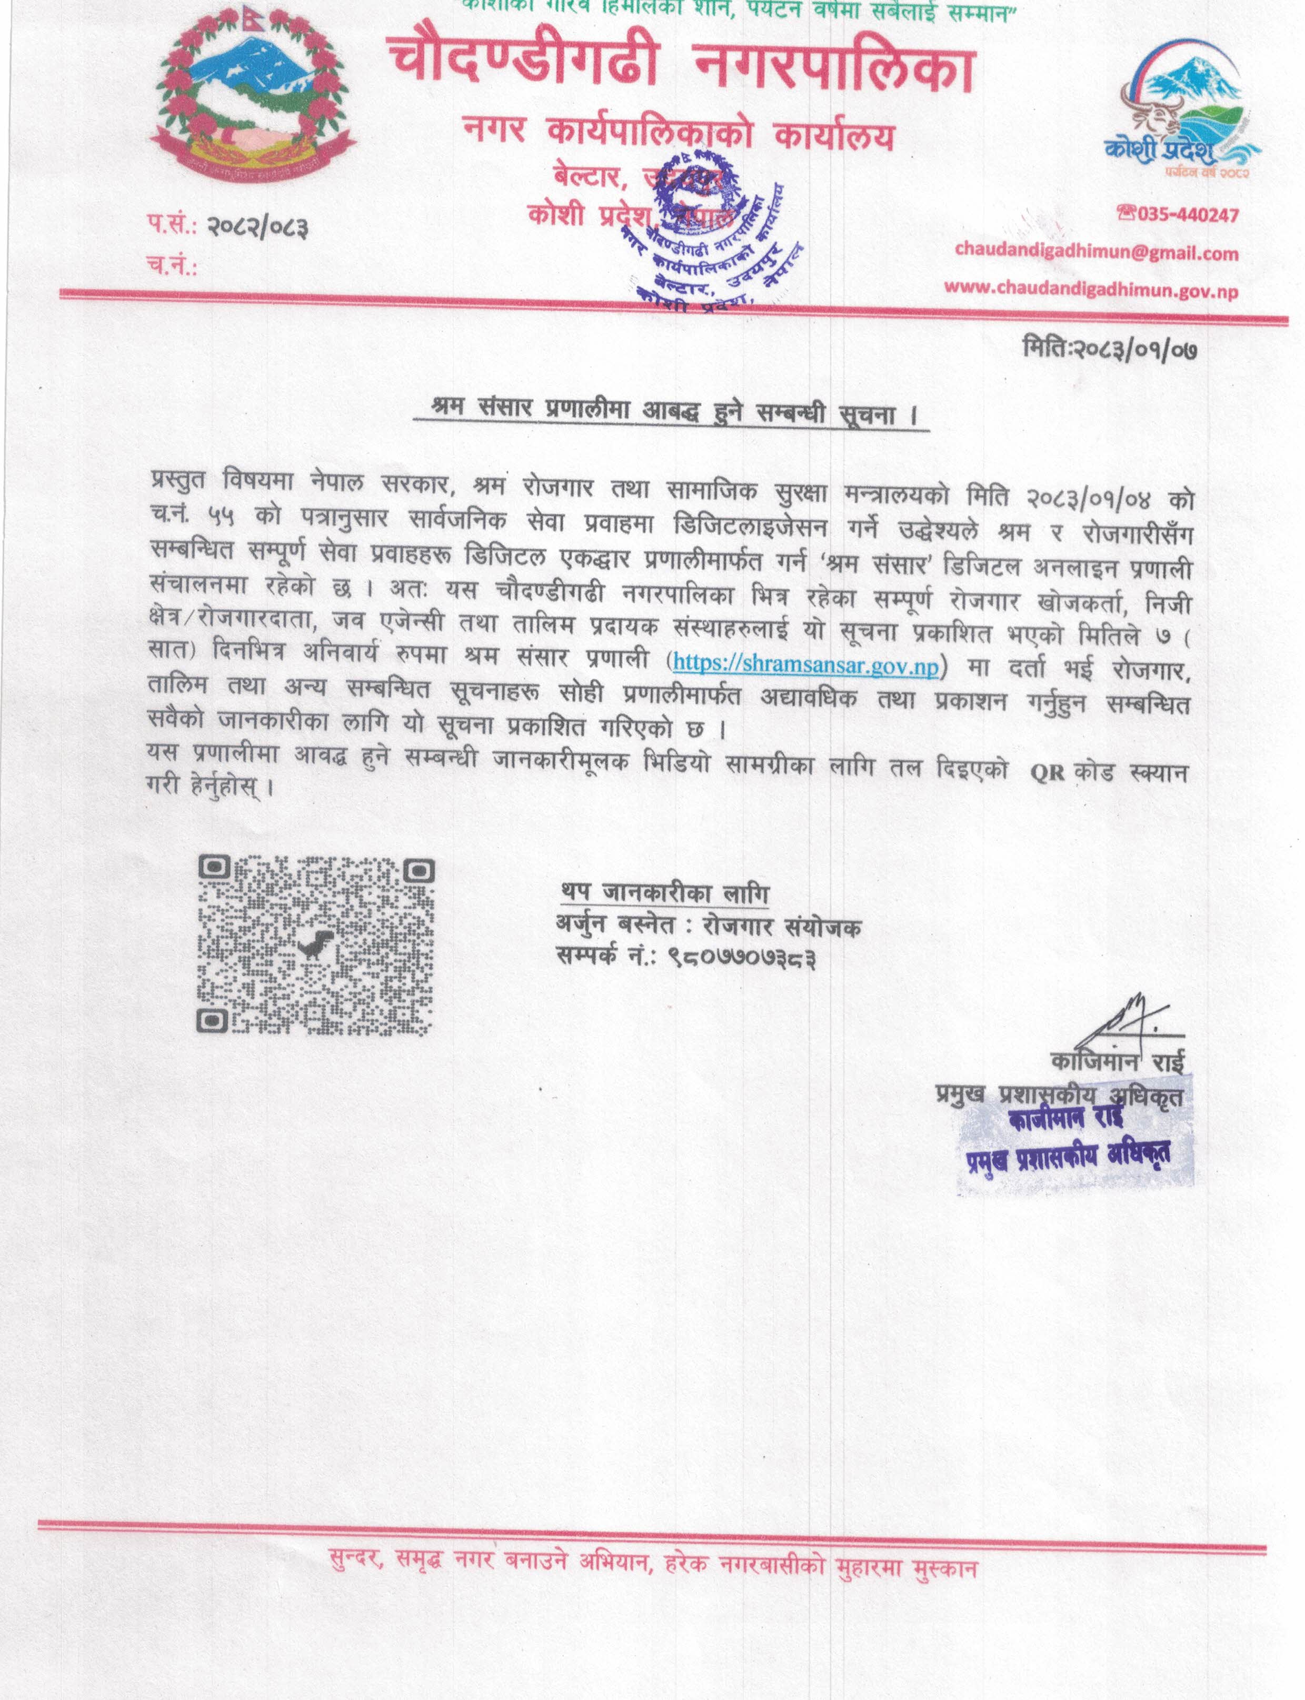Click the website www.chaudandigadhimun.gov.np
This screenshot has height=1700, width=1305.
[x=1091, y=289]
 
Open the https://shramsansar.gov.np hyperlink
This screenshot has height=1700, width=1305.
[x=807, y=664]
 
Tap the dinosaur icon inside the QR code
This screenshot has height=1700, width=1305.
[x=315, y=944]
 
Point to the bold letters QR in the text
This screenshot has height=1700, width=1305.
[x=1047, y=773]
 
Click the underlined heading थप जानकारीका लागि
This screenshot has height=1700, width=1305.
[x=664, y=893]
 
